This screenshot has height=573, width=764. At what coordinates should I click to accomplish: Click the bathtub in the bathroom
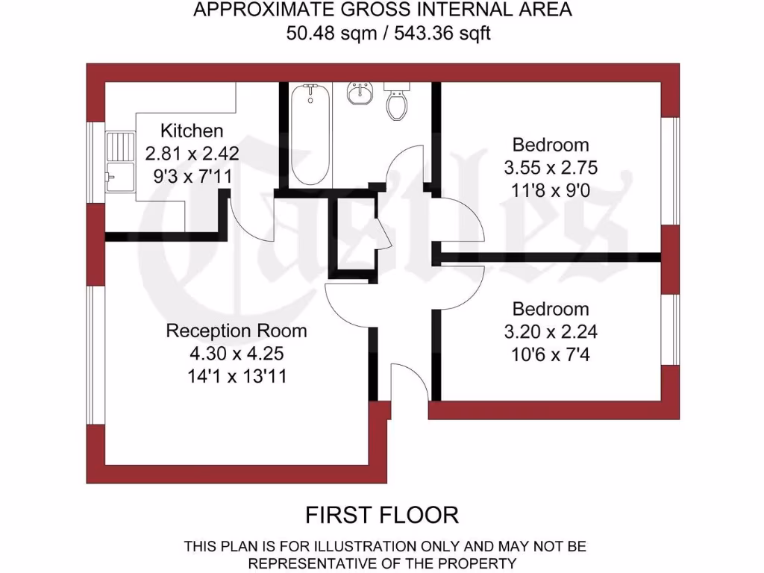(x=310, y=134)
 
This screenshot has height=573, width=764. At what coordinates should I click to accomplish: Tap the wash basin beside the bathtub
(x=361, y=94)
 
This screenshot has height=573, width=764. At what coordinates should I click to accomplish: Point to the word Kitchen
(x=192, y=131)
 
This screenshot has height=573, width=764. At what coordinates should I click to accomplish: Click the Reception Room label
(x=236, y=331)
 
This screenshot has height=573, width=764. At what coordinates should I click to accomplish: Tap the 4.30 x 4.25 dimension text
(x=236, y=353)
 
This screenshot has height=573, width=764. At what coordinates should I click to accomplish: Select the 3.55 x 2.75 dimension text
(x=550, y=167)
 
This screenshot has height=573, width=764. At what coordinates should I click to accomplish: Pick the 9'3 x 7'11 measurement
(x=192, y=177)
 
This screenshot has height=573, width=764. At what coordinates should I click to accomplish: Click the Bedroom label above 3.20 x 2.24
(x=550, y=309)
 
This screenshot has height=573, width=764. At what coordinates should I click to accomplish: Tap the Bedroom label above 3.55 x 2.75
(x=550, y=145)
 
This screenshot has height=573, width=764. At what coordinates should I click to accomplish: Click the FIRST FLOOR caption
(x=382, y=515)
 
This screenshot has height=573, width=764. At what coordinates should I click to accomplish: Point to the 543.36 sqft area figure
(x=448, y=33)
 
